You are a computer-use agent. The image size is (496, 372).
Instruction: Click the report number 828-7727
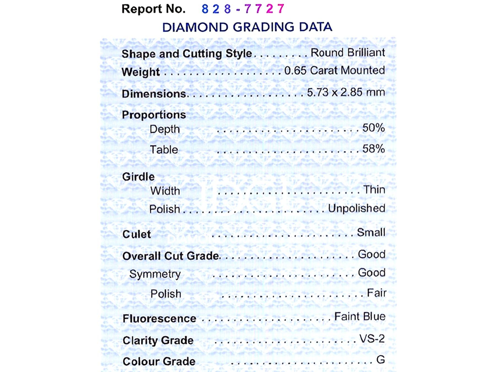click(242, 9)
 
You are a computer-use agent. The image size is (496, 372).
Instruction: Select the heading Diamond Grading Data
click(247, 27)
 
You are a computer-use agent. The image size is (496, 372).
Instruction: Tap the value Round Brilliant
click(348, 53)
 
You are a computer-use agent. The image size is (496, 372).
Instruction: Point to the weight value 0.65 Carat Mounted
click(335, 71)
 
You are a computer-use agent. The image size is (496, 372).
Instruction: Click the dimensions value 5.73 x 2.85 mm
click(346, 92)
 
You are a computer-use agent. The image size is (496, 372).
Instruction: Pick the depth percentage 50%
click(373, 128)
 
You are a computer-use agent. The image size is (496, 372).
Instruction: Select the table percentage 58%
click(373, 149)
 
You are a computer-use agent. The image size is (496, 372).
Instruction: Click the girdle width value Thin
click(374, 190)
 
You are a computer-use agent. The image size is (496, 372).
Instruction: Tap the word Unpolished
click(357, 208)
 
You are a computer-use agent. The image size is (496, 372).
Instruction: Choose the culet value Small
click(371, 233)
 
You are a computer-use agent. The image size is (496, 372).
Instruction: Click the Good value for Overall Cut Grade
click(371, 254)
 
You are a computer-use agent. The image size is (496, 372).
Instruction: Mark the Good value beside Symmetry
click(371, 273)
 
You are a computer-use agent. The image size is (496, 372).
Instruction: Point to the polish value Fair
click(377, 293)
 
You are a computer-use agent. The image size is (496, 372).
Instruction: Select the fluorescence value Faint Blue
click(360, 317)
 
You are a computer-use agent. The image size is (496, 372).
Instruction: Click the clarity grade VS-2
click(372, 339)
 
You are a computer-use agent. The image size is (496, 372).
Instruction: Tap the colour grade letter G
click(381, 360)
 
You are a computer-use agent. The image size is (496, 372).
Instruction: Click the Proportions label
click(154, 115)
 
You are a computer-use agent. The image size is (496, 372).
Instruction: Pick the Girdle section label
click(138, 177)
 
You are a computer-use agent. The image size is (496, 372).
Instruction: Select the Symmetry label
click(155, 274)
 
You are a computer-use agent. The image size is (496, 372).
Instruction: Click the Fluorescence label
click(159, 319)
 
